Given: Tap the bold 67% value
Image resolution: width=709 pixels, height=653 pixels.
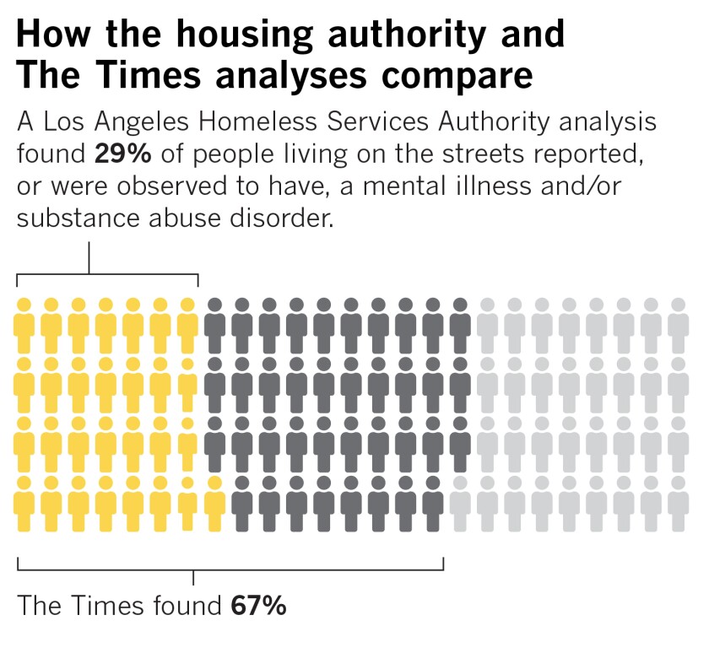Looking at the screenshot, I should click(x=258, y=606).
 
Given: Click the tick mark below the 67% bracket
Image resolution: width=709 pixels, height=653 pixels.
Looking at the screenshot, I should click(x=194, y=578).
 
